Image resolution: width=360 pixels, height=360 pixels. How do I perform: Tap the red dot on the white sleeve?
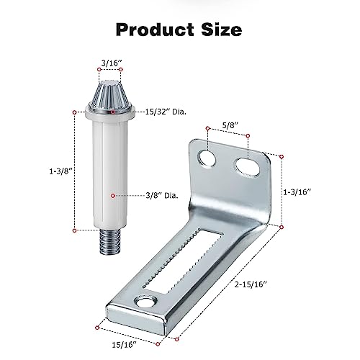point(112,194)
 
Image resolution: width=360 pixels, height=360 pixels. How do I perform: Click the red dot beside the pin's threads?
point(75,231)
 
